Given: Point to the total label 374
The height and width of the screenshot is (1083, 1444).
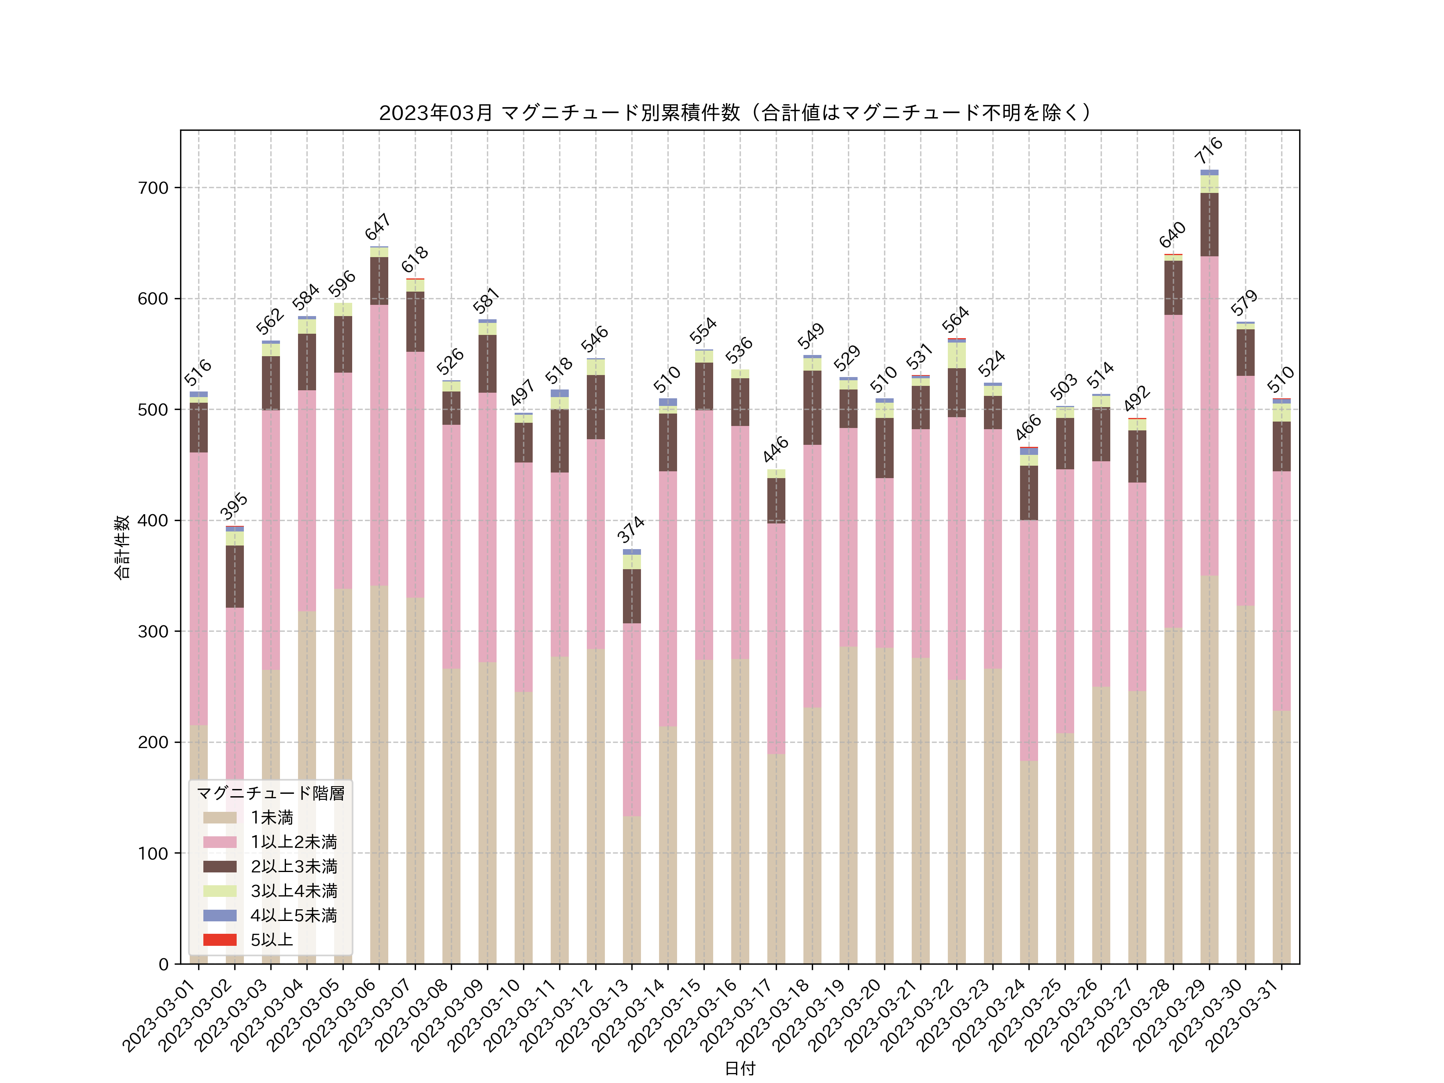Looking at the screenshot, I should point(631,529).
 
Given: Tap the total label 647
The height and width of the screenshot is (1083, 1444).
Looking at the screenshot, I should point(378,227).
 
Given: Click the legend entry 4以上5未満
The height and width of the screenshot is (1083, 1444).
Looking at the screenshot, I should point(294,915).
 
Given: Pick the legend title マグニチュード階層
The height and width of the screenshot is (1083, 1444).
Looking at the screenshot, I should point(270,793).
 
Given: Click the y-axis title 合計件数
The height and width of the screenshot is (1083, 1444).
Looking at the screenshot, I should point(122,547).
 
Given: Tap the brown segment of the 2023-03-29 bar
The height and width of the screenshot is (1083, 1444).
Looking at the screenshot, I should point(1209,225).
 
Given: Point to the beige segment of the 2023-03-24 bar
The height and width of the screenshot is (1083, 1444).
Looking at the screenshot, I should point(1029,862).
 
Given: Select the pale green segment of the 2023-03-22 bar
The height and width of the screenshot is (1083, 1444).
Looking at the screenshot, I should point(956,355).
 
